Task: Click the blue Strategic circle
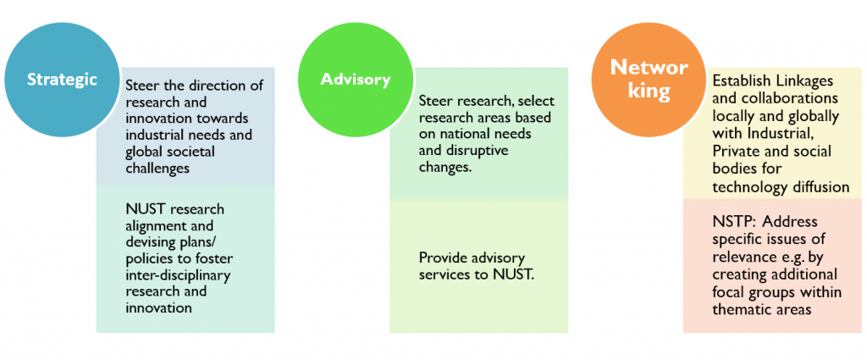62,79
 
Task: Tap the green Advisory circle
356,79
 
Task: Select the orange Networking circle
649,79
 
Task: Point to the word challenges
157,168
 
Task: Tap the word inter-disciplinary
178,274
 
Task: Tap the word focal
727,291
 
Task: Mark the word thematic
741,309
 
